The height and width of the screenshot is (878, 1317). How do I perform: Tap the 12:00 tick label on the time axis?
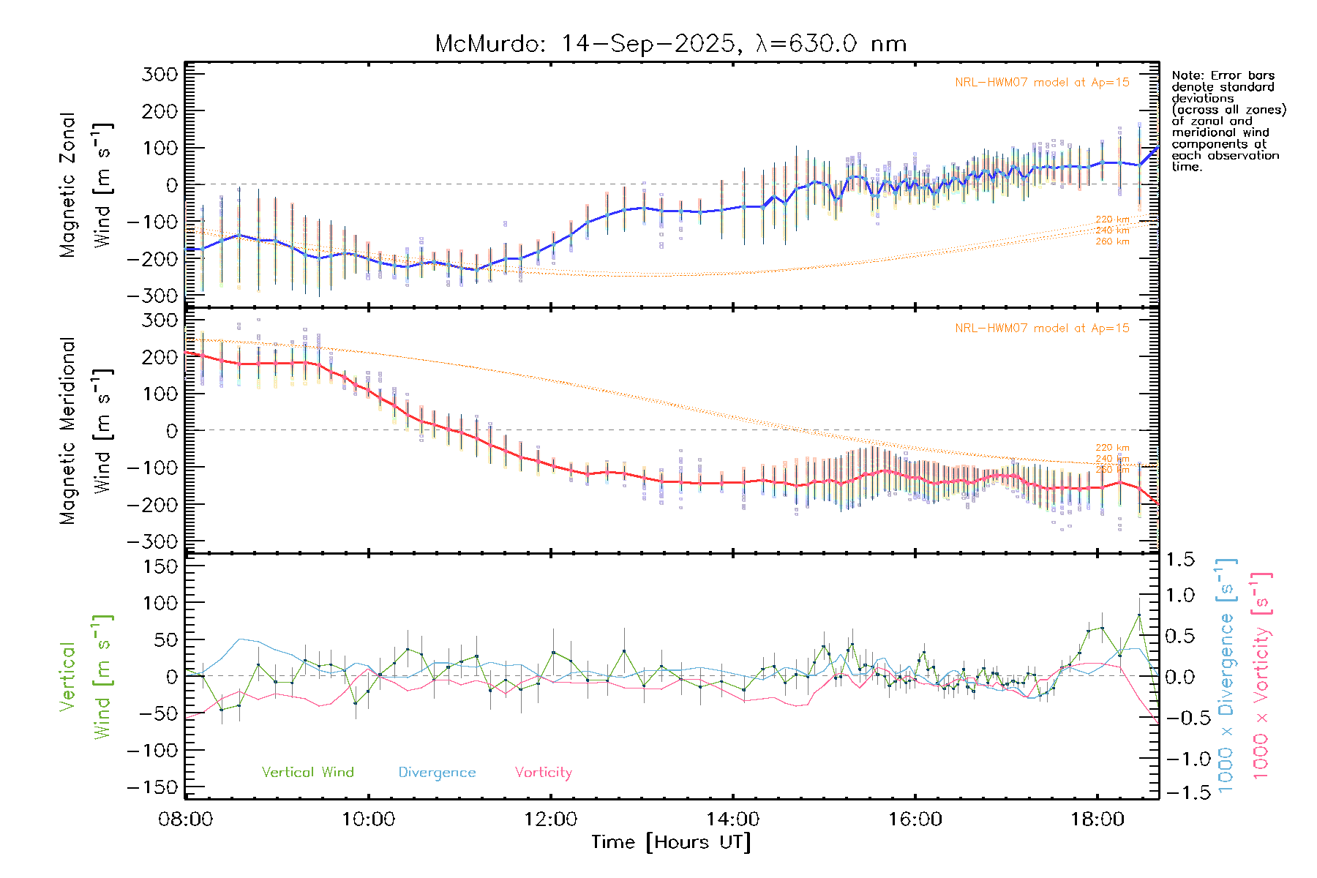tap(550, 819)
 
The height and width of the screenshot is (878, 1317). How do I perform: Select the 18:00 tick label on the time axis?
tap(1097, 819)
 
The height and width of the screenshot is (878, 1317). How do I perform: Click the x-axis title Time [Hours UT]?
tap(671, 842)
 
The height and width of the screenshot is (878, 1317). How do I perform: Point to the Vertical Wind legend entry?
tap(307, 773)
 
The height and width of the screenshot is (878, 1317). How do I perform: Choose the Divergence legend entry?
tap(437, 773)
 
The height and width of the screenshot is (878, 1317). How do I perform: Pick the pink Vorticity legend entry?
tap(543, 773)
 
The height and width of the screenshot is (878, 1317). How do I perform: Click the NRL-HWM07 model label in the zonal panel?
tap(1042, 83)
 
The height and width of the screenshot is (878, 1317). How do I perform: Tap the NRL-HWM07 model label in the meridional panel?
tap(1042, 329)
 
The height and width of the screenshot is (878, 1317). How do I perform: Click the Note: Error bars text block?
tap(1228, 121)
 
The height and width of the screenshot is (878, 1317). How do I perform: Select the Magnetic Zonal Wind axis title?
tap(86, 184)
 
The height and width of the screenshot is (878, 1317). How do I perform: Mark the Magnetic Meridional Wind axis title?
tap(86, 430)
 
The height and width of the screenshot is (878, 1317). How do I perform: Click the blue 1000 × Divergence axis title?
tap(1226, 675)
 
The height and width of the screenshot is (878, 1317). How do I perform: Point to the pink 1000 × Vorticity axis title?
tap(1261, 675)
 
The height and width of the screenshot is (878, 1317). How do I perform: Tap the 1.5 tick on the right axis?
tap(1180, 560)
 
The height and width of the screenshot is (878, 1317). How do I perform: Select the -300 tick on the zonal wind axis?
tap(153, 296)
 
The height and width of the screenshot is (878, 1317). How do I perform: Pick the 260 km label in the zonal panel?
tap(1112, 241)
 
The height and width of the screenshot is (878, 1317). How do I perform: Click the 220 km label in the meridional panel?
tap(1112, 448)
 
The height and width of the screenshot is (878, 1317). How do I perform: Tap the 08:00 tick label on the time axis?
tap(186, 819)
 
